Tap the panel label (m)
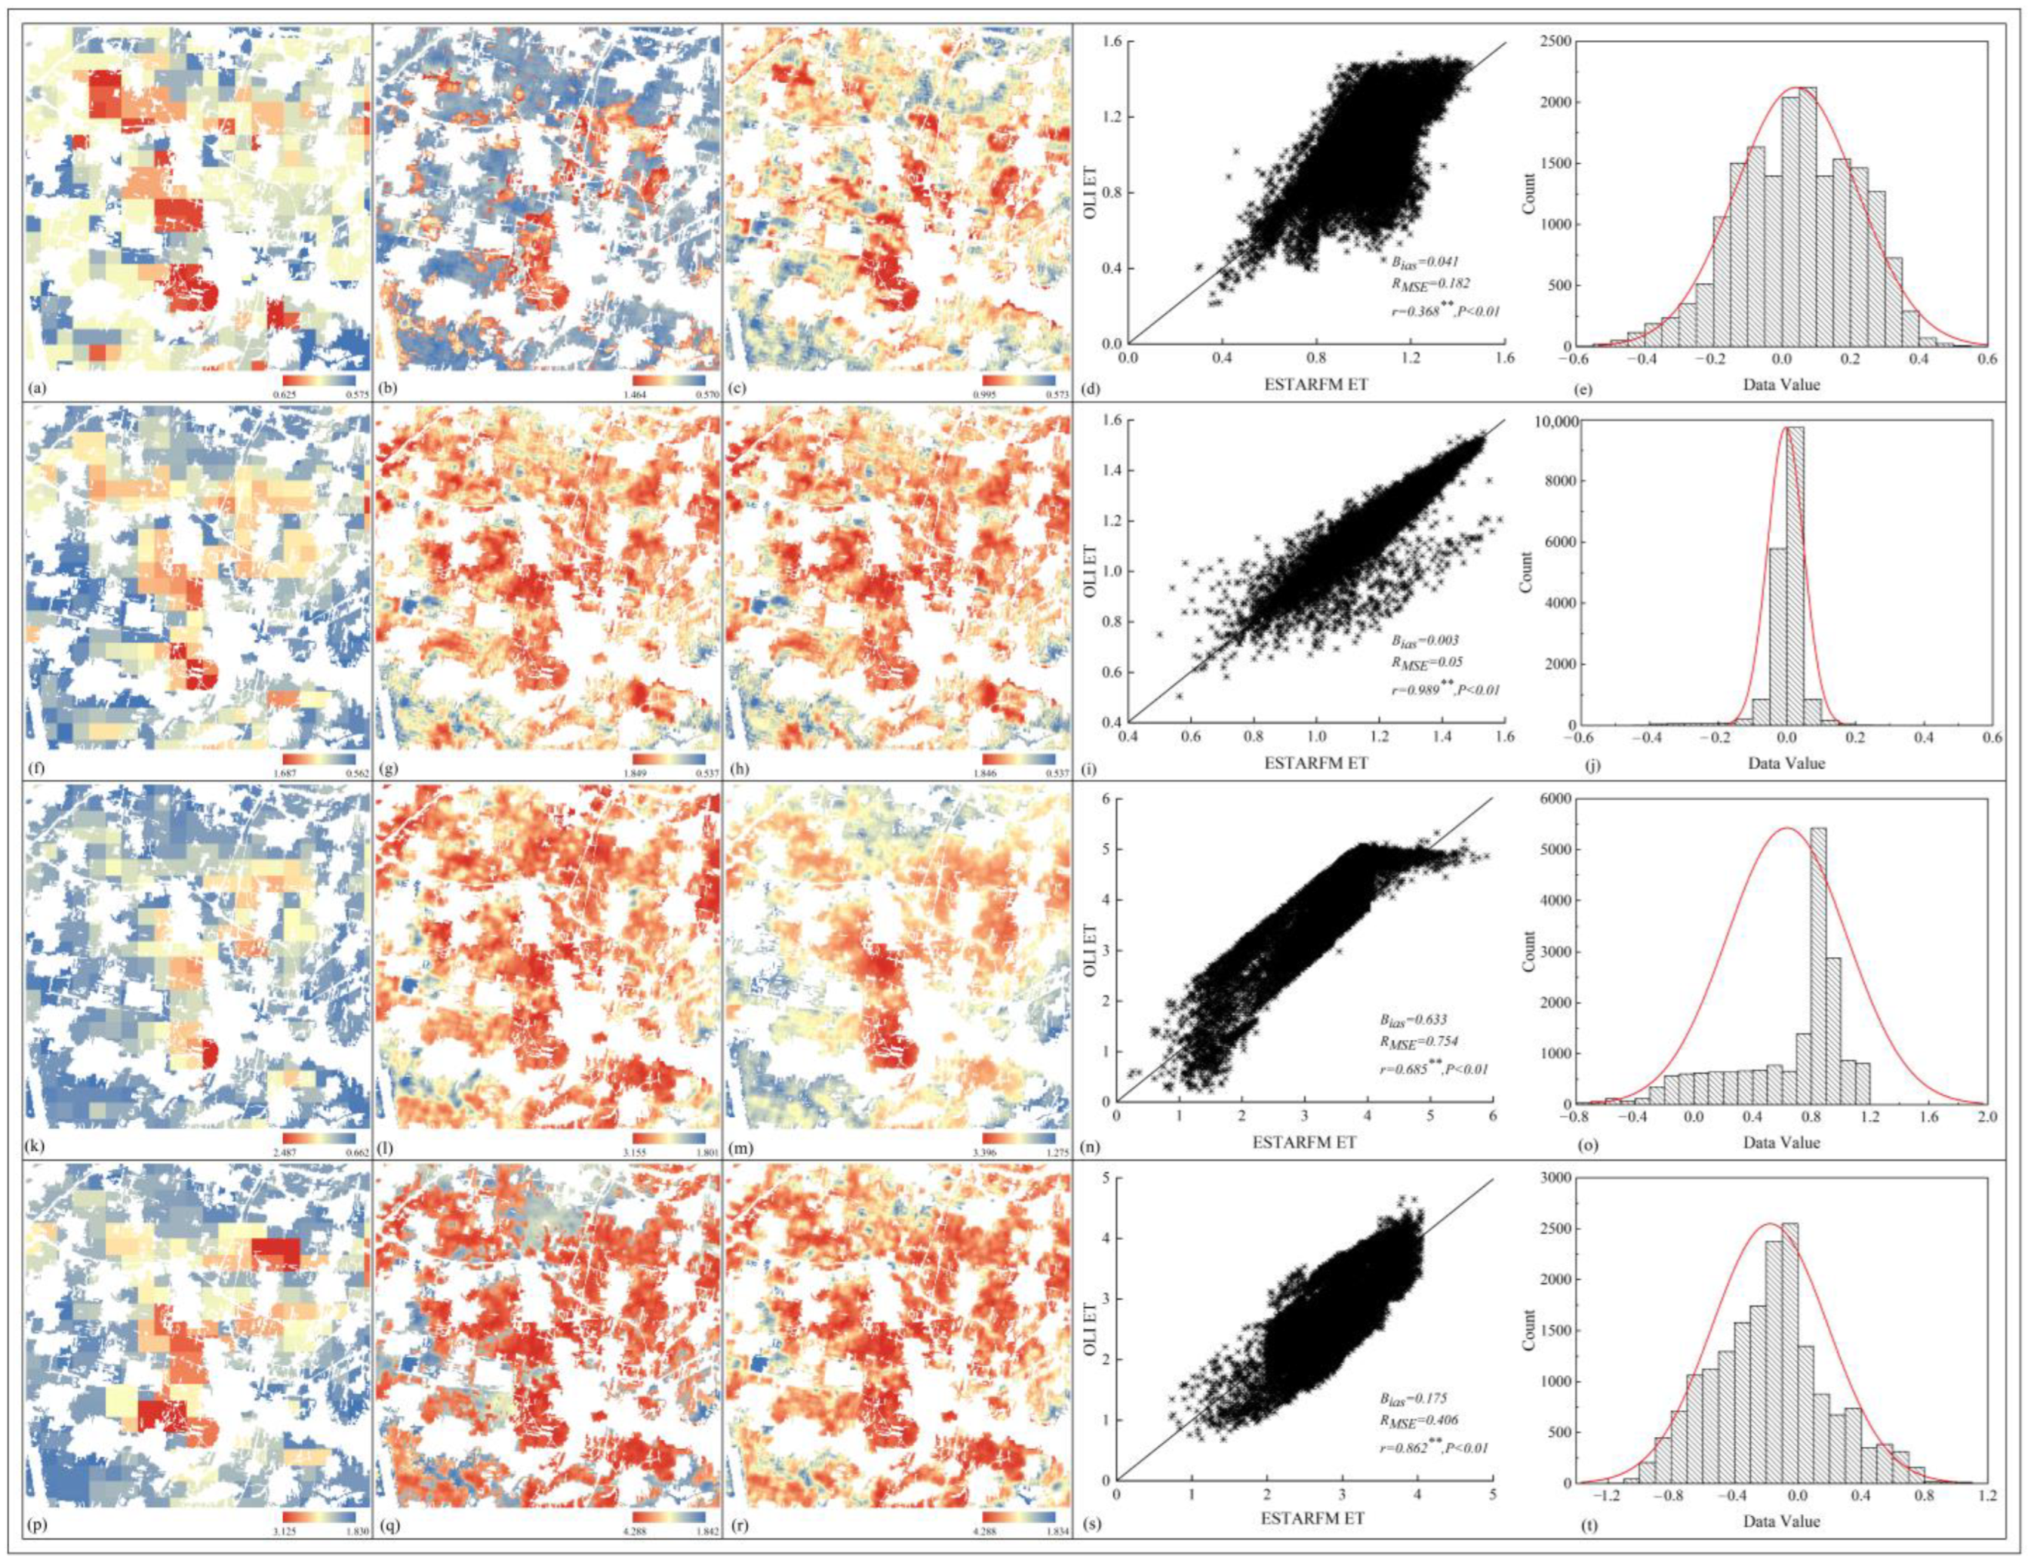(737, 1148)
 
